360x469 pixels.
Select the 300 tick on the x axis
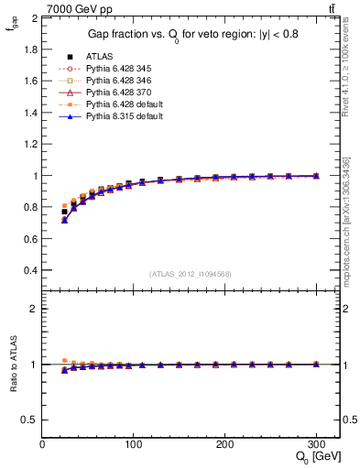pyautogui.click(x=315, y=442)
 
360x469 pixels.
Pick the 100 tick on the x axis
pyautogui.click(x=133, y=442)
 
